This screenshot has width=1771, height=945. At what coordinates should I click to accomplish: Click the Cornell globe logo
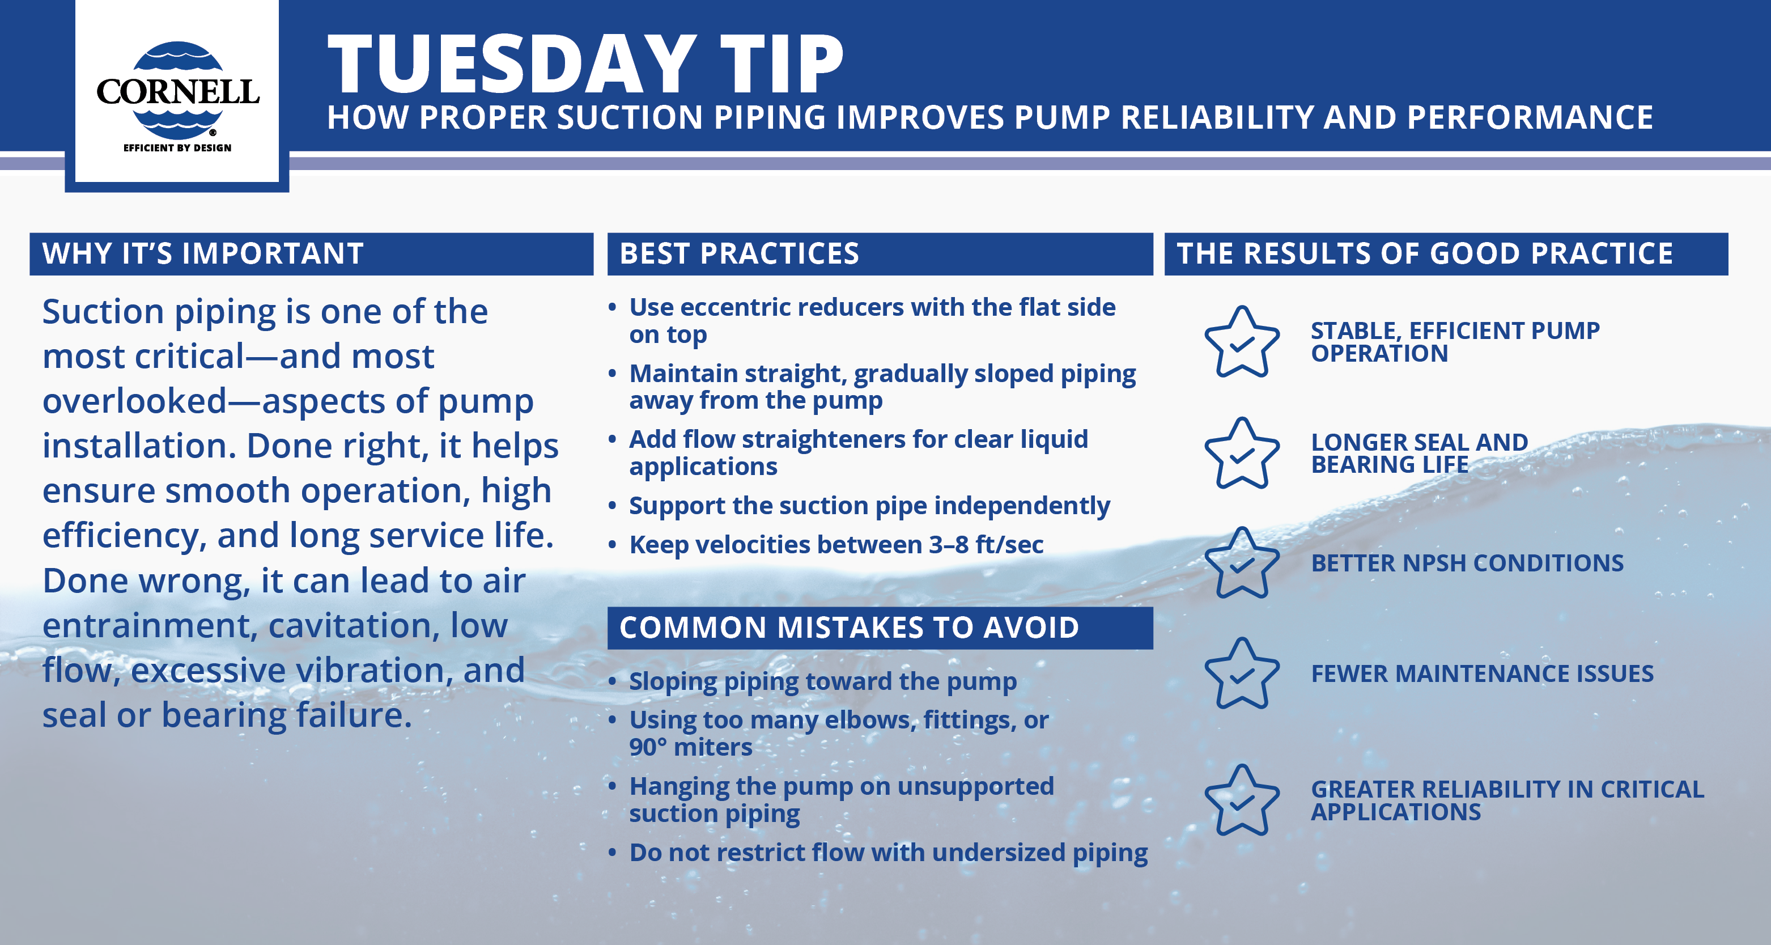(177, 90)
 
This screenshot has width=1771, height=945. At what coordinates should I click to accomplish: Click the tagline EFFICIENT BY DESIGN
(177, 148)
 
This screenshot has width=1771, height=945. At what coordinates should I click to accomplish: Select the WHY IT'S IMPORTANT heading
(203, 254)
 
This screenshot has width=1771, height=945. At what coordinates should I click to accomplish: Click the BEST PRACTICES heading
(739, 254)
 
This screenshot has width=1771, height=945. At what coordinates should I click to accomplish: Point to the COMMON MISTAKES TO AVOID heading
(849, 627)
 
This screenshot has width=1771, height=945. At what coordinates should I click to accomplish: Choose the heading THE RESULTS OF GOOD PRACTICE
(1425, 254)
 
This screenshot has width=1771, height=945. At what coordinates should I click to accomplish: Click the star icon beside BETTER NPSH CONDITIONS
(1242, 563)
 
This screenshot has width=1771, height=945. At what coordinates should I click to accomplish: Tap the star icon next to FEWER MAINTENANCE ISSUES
(1242, 673)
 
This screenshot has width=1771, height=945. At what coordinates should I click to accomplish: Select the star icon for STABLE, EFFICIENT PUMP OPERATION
(1242, 342)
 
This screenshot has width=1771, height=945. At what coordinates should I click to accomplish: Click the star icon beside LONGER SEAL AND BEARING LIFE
(1242, 454)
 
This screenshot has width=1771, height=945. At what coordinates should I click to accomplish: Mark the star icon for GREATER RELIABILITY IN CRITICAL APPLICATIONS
(1242, 800)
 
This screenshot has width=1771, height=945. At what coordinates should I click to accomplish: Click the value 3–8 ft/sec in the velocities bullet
(987, 545)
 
